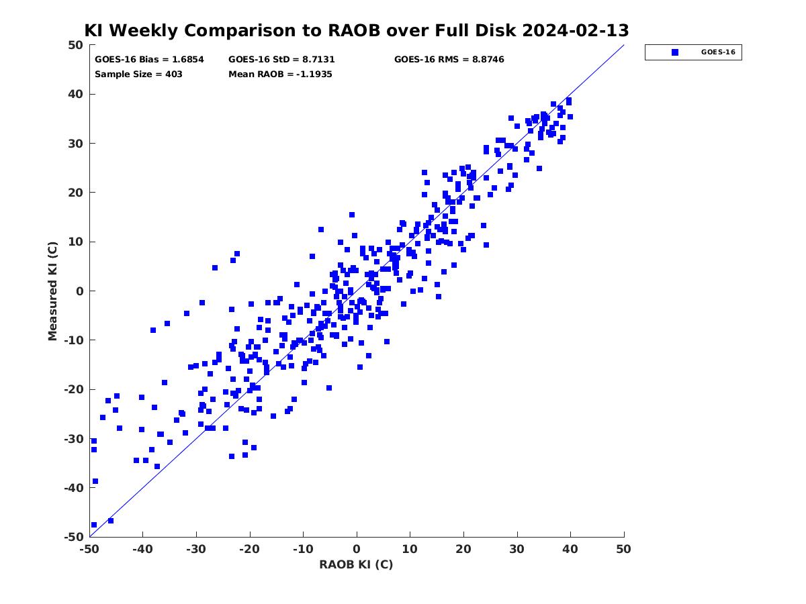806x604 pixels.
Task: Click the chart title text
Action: coord(357,31)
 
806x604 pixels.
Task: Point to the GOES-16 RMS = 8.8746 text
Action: coord(449,59)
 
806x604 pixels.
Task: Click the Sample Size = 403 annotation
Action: coord(138,74)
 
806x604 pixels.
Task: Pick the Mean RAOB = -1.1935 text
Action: coord(280,74)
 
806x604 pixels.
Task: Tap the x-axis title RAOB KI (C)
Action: coord(356,564)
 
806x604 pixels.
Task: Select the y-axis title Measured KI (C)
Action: coord(53,291)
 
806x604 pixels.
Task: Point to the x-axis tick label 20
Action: coord(463,549)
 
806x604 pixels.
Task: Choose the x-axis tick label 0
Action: coord(357,549)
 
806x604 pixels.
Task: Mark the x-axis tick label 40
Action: coord(571,549)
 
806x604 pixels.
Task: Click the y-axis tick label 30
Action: coord(75,144)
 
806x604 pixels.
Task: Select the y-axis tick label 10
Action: coord(75,242)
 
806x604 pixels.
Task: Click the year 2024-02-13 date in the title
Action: coord(576,31)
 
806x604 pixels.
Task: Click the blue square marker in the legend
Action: coord(675,52)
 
